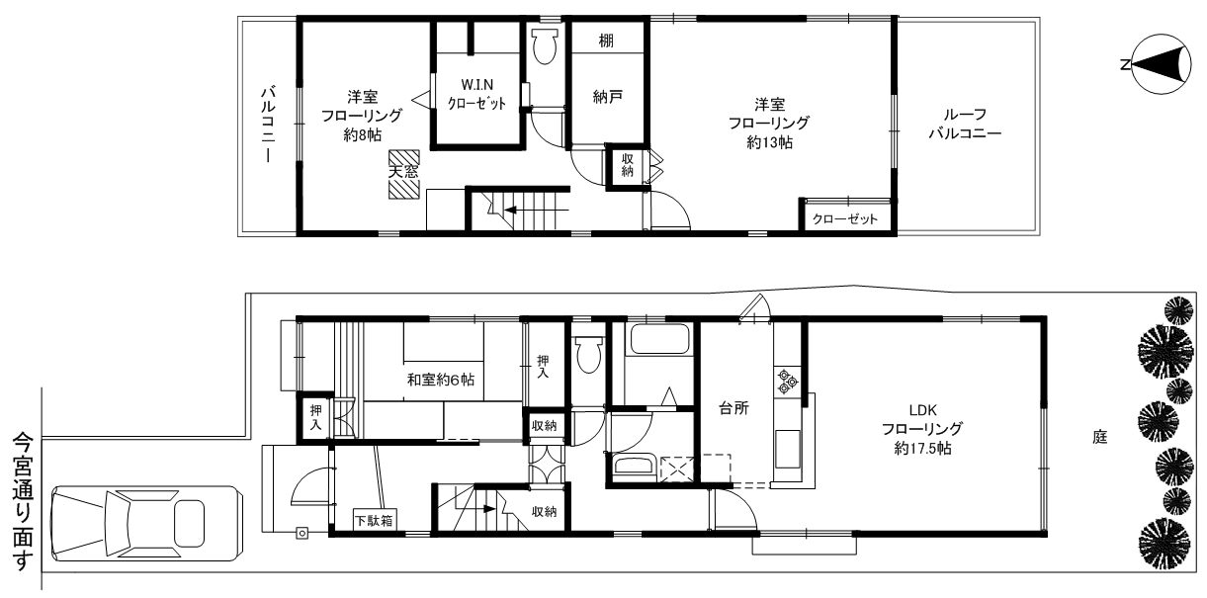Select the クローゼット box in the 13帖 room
coord(845,218)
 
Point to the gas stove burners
coord(788,381)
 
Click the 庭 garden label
coord(1099,437)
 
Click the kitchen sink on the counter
coord(788,450)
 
